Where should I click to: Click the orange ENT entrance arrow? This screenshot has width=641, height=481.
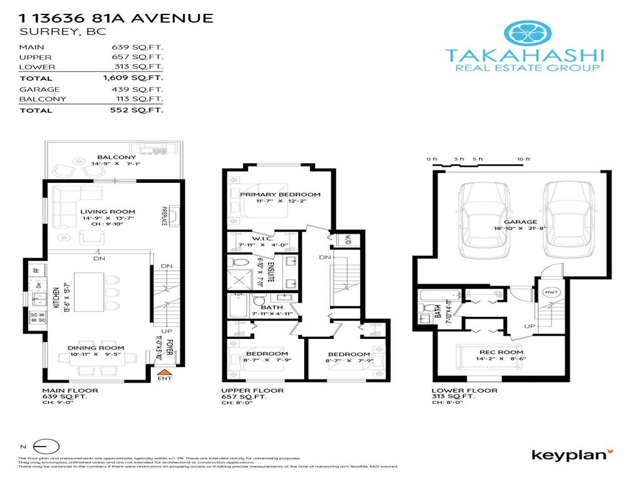pyautogui.click(x=165, y=372)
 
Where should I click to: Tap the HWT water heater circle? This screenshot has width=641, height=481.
pyautogui.click(x=551, y=292)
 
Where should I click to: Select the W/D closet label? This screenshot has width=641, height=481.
pyautogui.click(x=343, y=240)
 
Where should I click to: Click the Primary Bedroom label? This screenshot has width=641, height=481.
pyautogui.click(x=280, y=194)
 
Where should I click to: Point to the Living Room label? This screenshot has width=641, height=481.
pyautogui.click(x=108, y=212)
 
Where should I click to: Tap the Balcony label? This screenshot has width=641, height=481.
pyautogui.click(x=116, y=157)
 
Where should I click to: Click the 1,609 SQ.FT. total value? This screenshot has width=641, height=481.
pyautogui.click(x=133, y=78)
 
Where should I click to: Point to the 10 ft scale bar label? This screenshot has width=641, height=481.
pyautogui.click(x=524, y=159)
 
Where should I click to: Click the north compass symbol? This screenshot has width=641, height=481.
pyautogui.click(x=46, y=447)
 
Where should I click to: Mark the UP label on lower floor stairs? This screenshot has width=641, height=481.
pyautogui.click(x=529, y=326)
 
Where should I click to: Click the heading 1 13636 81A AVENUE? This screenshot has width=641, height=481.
pyautogui.click(x=116, y=18)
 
